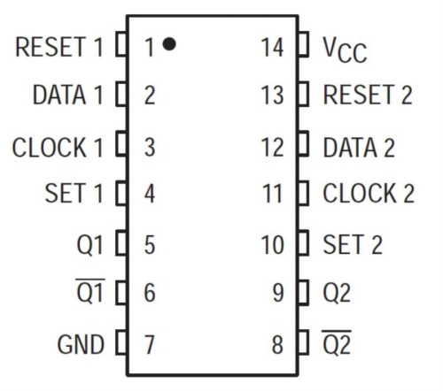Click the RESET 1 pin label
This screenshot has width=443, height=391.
[59, 47]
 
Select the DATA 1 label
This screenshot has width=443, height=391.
[67, 96]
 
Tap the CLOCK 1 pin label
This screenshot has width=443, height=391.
[58, 146]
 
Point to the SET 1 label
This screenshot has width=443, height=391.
[74, 194]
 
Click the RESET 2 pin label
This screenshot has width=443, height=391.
[369, 96]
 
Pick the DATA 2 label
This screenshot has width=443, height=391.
[359, 146]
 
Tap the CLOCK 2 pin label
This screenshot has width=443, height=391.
[369, 194]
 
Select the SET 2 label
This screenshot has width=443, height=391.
[353, 244]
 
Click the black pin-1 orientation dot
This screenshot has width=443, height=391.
[169, 43]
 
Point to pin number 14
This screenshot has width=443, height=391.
[273, 47]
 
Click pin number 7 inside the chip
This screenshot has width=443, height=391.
[149, 344]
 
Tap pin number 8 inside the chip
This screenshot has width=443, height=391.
[278, 344]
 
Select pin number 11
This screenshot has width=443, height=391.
[273, 194]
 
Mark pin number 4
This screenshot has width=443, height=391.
[149, 194]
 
